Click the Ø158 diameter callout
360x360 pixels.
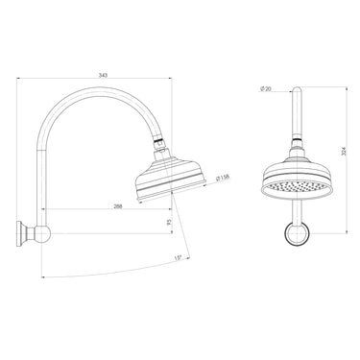click(222, 177)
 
